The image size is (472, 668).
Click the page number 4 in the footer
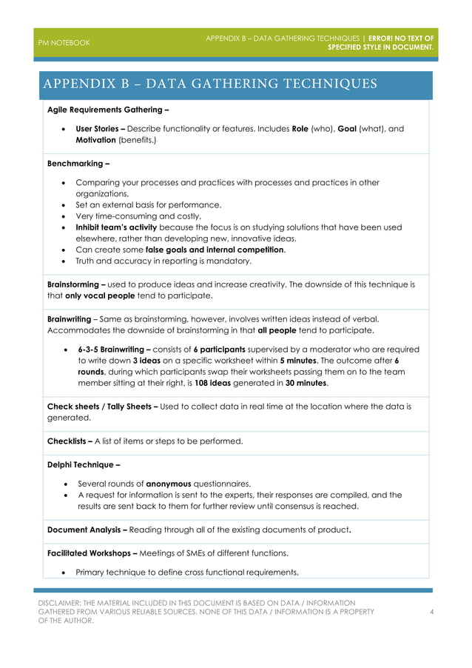431,612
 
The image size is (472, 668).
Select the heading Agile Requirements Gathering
107,110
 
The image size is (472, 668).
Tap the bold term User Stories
100,128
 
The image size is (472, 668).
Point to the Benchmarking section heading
78,164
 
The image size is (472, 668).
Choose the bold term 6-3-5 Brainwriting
115,349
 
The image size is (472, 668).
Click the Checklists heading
70,441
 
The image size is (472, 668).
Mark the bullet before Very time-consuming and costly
67,216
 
